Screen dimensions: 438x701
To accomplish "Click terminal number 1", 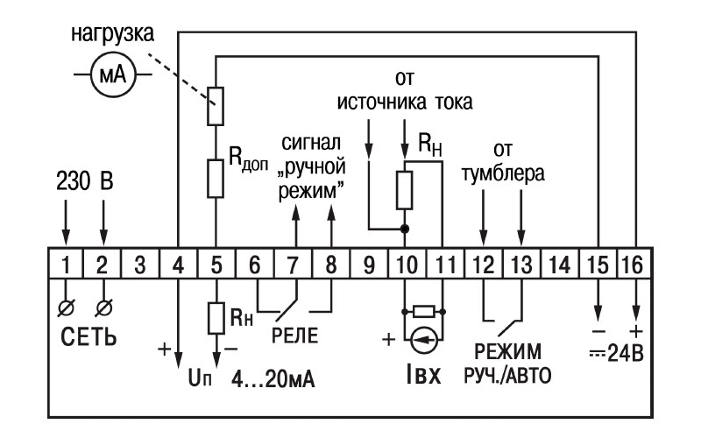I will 66,265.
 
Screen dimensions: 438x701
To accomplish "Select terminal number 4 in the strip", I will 179,265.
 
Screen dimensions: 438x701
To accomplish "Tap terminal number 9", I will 368,265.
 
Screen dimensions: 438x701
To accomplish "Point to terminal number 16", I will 635,265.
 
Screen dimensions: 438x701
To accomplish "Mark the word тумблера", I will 503,173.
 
